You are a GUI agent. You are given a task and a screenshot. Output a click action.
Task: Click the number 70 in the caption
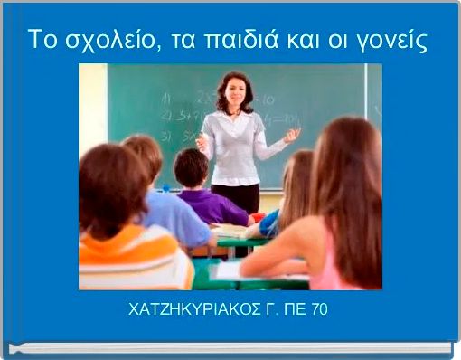[319, 310]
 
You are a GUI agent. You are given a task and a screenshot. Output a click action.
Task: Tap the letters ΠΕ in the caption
[292, 310]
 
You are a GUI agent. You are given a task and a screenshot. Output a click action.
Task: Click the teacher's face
[234, 93]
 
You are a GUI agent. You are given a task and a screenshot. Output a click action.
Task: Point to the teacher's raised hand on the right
[291, 136]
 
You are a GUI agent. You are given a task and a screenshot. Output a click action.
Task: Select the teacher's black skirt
[236, 195]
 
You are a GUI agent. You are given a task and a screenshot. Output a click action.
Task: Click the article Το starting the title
[39, 41]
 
